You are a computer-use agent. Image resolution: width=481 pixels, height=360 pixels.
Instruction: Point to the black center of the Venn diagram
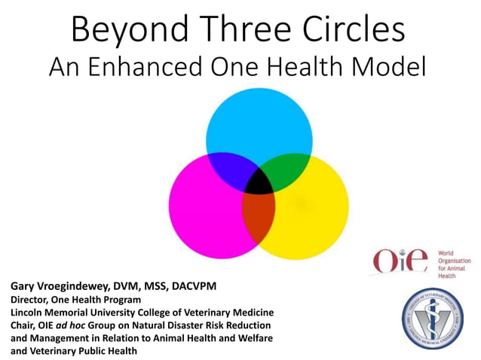[259, 181]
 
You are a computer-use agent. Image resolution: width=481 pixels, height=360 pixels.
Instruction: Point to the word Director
[29, 300]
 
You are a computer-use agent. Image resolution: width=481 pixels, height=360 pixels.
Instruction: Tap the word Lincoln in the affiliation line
[28, 312]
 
